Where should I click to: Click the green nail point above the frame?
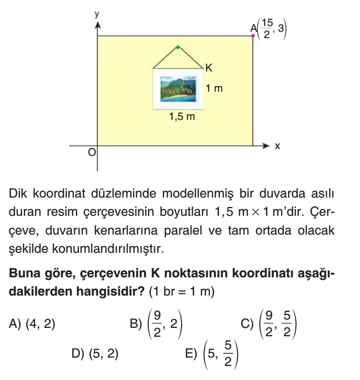click(x=178, y=47)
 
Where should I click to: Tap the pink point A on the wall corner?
click(x=253, y=36)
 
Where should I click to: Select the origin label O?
click(x=92, y=152)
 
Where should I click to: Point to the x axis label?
click(x=278, y=146)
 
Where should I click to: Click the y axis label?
click(x=97, y=15)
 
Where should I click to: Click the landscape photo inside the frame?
click(x=178, y=89)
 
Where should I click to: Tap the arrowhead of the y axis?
click(x=97, y=24)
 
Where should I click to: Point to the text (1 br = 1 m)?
click(x=182, y=292)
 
